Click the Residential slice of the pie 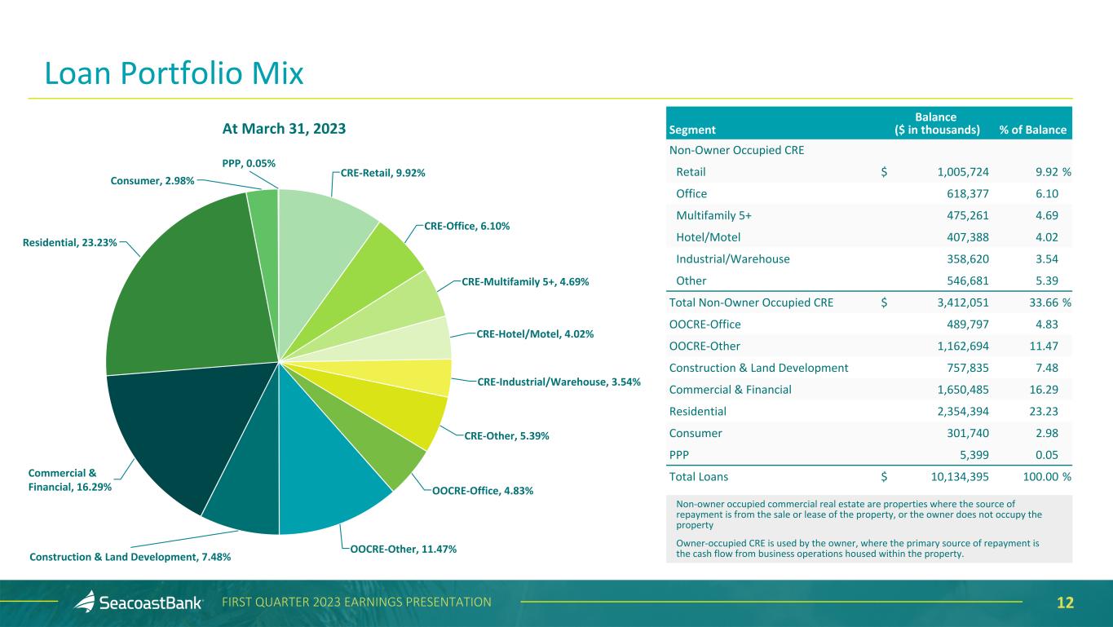[194, 288]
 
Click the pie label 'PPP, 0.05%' [249, 163]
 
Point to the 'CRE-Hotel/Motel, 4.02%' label [535, 333]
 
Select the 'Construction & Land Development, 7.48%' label [130, 557]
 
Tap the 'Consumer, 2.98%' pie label [152, 181]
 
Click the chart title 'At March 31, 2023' [284, 129]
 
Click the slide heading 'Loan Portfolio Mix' [174, 73]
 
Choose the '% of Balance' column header [1032, 130]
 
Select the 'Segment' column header [691, 130]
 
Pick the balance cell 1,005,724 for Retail [963, 172]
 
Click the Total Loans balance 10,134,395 [960, 477]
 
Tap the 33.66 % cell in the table [1050, 302]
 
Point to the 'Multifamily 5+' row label [713, 215]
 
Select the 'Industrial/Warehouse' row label [732, 258]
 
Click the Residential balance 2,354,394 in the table [963, 412]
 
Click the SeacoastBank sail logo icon [85, 601]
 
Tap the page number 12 [1065, 603]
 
